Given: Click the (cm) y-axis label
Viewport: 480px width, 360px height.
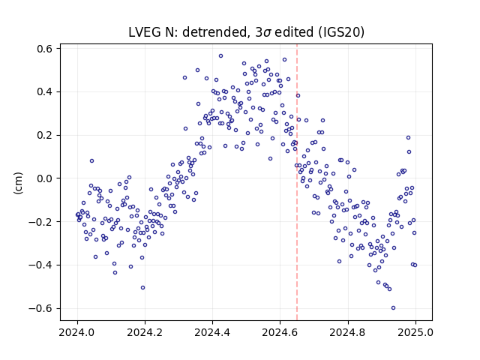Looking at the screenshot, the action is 18,183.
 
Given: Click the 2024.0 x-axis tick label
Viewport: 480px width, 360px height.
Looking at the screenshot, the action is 77,332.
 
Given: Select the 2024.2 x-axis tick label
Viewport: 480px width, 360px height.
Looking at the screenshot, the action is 145,332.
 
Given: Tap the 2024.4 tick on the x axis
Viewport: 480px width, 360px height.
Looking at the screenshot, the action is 212,332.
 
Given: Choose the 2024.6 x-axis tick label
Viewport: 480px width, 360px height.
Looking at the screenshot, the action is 280,332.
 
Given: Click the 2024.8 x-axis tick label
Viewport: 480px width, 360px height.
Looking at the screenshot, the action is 348,332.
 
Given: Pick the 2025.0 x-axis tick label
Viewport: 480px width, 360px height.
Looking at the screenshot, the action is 415,332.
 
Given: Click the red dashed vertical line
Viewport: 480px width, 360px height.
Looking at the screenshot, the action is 297,182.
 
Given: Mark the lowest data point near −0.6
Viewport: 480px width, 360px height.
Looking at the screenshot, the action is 393,307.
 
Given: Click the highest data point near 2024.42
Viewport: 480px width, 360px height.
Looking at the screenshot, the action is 220,56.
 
